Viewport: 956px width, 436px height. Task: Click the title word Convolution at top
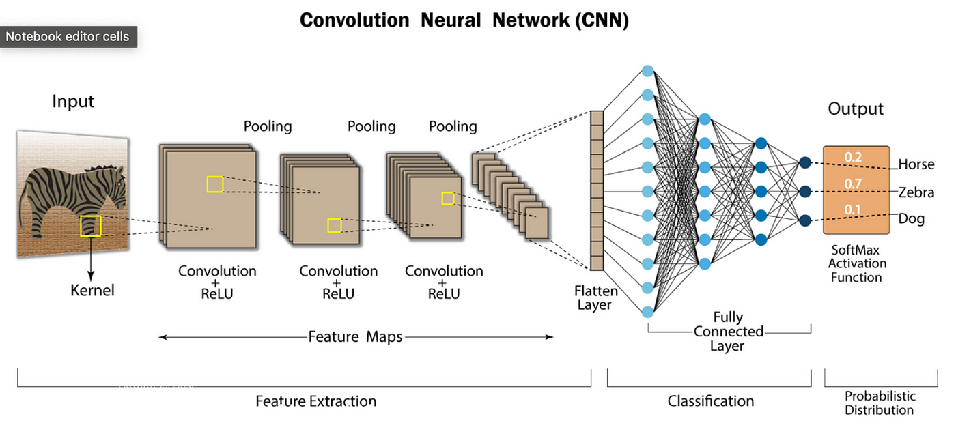click(x=354, y=20)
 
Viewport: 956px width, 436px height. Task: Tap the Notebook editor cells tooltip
click(x=68, y=37)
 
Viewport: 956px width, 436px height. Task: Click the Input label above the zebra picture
click(x=73, y=102)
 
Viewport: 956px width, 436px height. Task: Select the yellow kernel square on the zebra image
click(x=90, y=226)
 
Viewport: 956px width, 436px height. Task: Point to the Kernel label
click(x=92, y=291)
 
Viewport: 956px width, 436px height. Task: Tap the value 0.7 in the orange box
click(x=853, y=184)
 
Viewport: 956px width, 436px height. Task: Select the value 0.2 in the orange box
click(x=853, y=157)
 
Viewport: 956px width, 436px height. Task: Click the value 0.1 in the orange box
click(x=852, y=210)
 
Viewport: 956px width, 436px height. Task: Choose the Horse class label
click(x=916, y=164)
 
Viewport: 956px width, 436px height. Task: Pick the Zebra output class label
click(x=916, y=192)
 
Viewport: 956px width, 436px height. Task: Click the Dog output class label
click(x=911, y=219)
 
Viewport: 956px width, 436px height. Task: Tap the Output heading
click(x=855, y=108)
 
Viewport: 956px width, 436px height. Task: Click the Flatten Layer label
click(x=595, y=297)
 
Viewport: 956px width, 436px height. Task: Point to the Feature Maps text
click(x=355, y=337)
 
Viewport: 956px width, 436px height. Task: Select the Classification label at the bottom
click(x=711, y=401)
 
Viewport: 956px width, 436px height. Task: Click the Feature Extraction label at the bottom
click(x=315, y=401)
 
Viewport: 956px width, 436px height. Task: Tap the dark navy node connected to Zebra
click(x=805, y=192)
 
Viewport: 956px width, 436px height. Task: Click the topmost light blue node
click(x=647, y=71)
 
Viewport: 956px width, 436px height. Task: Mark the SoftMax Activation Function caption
click(x=857, y=263)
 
